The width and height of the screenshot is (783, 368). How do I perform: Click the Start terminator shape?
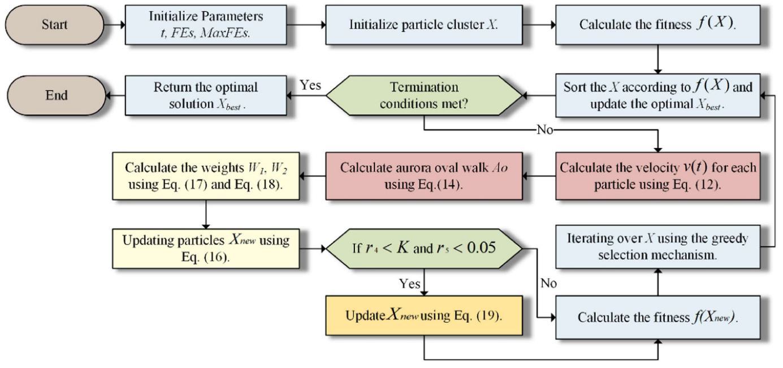coord(55,25)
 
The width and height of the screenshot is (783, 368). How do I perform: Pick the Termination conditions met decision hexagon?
coord(424,95)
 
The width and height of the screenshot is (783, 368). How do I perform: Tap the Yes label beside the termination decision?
coord(310,85)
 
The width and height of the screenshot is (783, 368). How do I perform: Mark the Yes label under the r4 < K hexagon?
coord(409,283)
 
